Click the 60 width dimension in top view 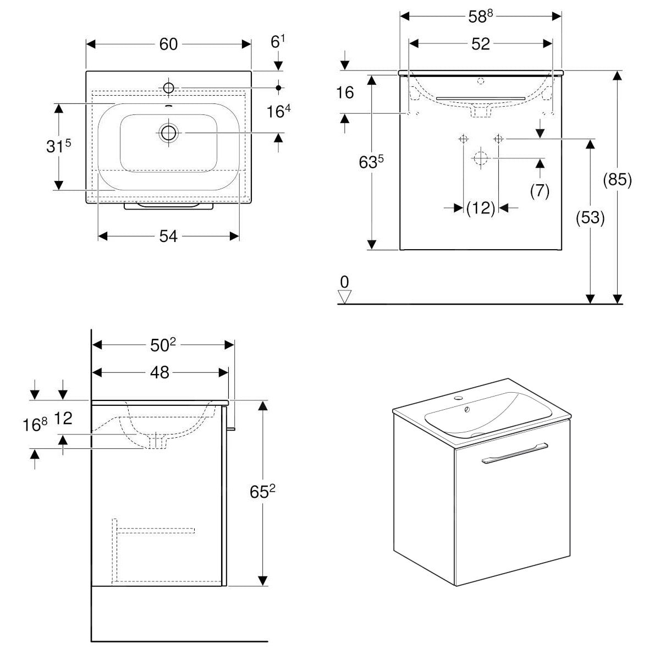click(168, 44)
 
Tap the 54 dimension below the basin click(168, 236)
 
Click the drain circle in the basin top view click(168, 133)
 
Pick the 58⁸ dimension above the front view click(480, 16)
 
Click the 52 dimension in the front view click(480, 44)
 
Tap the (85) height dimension click(617, 180)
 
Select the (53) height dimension click(590, 218)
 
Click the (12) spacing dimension click(480, 208)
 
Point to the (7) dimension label click(540, 190)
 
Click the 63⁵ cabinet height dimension click(372, 163)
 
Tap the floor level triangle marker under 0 click(345, 297)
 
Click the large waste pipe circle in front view click(480, 158)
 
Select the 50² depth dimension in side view click(163, 345)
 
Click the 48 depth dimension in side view click(159, 372)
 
